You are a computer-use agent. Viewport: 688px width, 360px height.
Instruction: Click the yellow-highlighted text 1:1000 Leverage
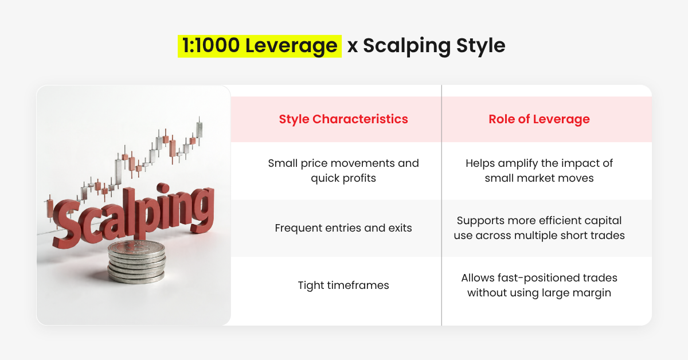tap(260, 46)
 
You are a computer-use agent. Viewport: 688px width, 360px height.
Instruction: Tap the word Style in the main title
tap(481, 46)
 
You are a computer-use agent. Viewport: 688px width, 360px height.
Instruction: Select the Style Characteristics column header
tap(343, 119)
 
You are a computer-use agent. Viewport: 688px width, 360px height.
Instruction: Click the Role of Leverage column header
tap(539, 119)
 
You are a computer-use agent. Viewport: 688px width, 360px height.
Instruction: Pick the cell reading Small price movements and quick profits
tap(343, 170)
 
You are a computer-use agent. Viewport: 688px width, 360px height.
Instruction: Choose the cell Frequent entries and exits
tap(343, 228)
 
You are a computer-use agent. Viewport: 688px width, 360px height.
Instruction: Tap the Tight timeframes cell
tap(343, 285)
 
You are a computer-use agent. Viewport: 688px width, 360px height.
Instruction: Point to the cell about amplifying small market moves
tap(539, 170)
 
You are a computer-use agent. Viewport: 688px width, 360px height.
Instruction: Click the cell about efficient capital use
tap(539, 228)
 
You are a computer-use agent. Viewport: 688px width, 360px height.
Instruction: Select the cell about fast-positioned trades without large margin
tap(539, 285)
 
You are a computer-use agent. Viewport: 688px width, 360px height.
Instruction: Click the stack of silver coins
tap(136, 262)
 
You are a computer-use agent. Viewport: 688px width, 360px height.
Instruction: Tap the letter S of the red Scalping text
tap(66, 224)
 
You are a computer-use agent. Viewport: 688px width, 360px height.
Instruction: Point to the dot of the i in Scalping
tap(162, 188)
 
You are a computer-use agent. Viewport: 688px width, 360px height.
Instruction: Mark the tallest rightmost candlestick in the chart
tap(200, 131)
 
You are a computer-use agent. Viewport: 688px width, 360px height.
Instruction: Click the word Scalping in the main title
tap(407, 46)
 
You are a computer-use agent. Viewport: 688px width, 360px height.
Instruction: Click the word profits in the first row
tap(359, 178)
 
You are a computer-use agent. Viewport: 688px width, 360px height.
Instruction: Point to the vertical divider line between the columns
tap(441, 205)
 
